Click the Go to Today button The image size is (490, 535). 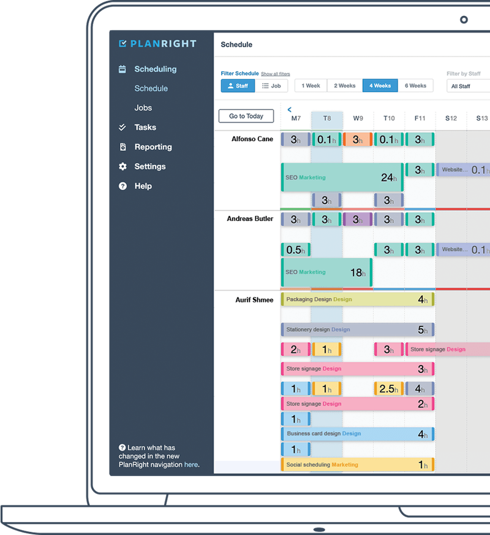pyautogui.click(x=246, y=116)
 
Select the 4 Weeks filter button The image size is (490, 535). pyautogui.click(x=380, y=86)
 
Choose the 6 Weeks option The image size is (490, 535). pyautogui.click(x=415, y=86)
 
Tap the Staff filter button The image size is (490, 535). pyautogui.click(x=238, y=86)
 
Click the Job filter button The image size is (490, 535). pyautogui.click(x=271, y=86)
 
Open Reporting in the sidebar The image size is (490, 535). pyautogui.click(x=153, y=147)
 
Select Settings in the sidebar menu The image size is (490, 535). pyautogui.click(x=149, y=167)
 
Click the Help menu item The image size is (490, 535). pyautogui.click(x=143, y=187)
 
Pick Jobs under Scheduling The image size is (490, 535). pyautogui.click(x=143, y=108)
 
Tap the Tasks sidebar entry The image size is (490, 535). pyautogui.click(x=145, y=128)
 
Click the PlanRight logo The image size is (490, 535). pyautogui.click(x=157, y=44)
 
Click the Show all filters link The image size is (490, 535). pyautogui.click(x=276, y=74)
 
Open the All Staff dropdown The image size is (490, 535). pyautogui.click(x=469, y=87)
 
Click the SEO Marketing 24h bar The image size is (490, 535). pyautogui.click(x=342, y=177)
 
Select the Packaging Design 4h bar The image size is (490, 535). pyautogui.click(x=357, y=299)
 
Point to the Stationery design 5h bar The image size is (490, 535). pyautogui.click(x=357, y=329)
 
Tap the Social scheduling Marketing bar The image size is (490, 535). pyautogui.click(x=357, y=464)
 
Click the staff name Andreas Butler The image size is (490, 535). pyautogui.click(x=250, y=219)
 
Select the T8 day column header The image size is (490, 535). pyautogui.click(x=327, y=118)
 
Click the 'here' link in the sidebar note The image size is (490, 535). pyautogui.click(x=191, y=465)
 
